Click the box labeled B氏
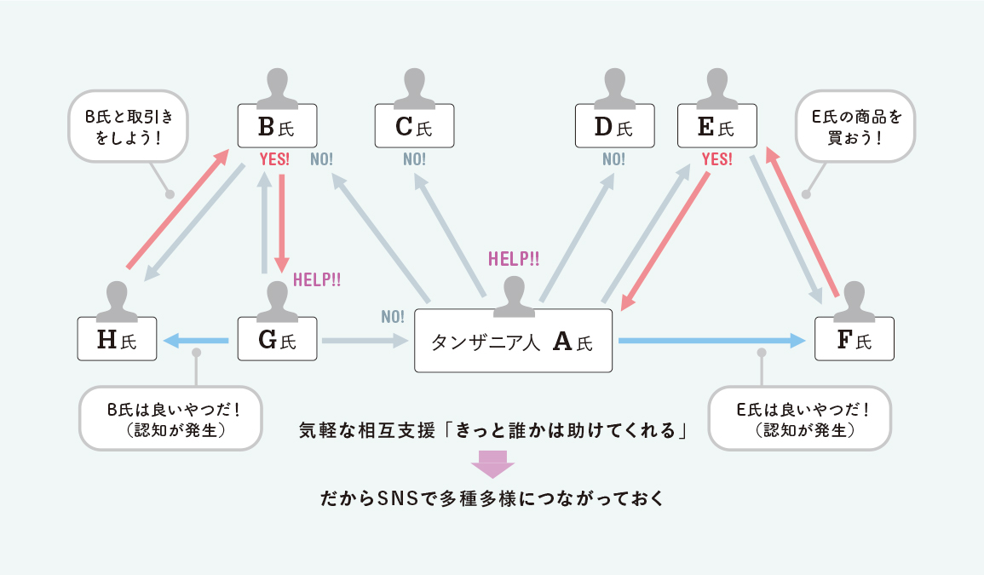tap(276, 127)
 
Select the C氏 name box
tap(414, 127)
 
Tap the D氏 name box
tap(614, 127)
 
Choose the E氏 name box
tap(716, 127)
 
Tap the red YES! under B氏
tap(274, 159)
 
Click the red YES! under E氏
tap(716, 159)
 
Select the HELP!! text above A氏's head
tap(514, 259)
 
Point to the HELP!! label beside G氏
tap(316, 279)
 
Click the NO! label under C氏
tap(414, 159)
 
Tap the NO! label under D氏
tap(613, 159)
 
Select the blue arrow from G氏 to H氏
tap(196, 341)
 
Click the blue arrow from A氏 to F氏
tap(711, 341)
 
